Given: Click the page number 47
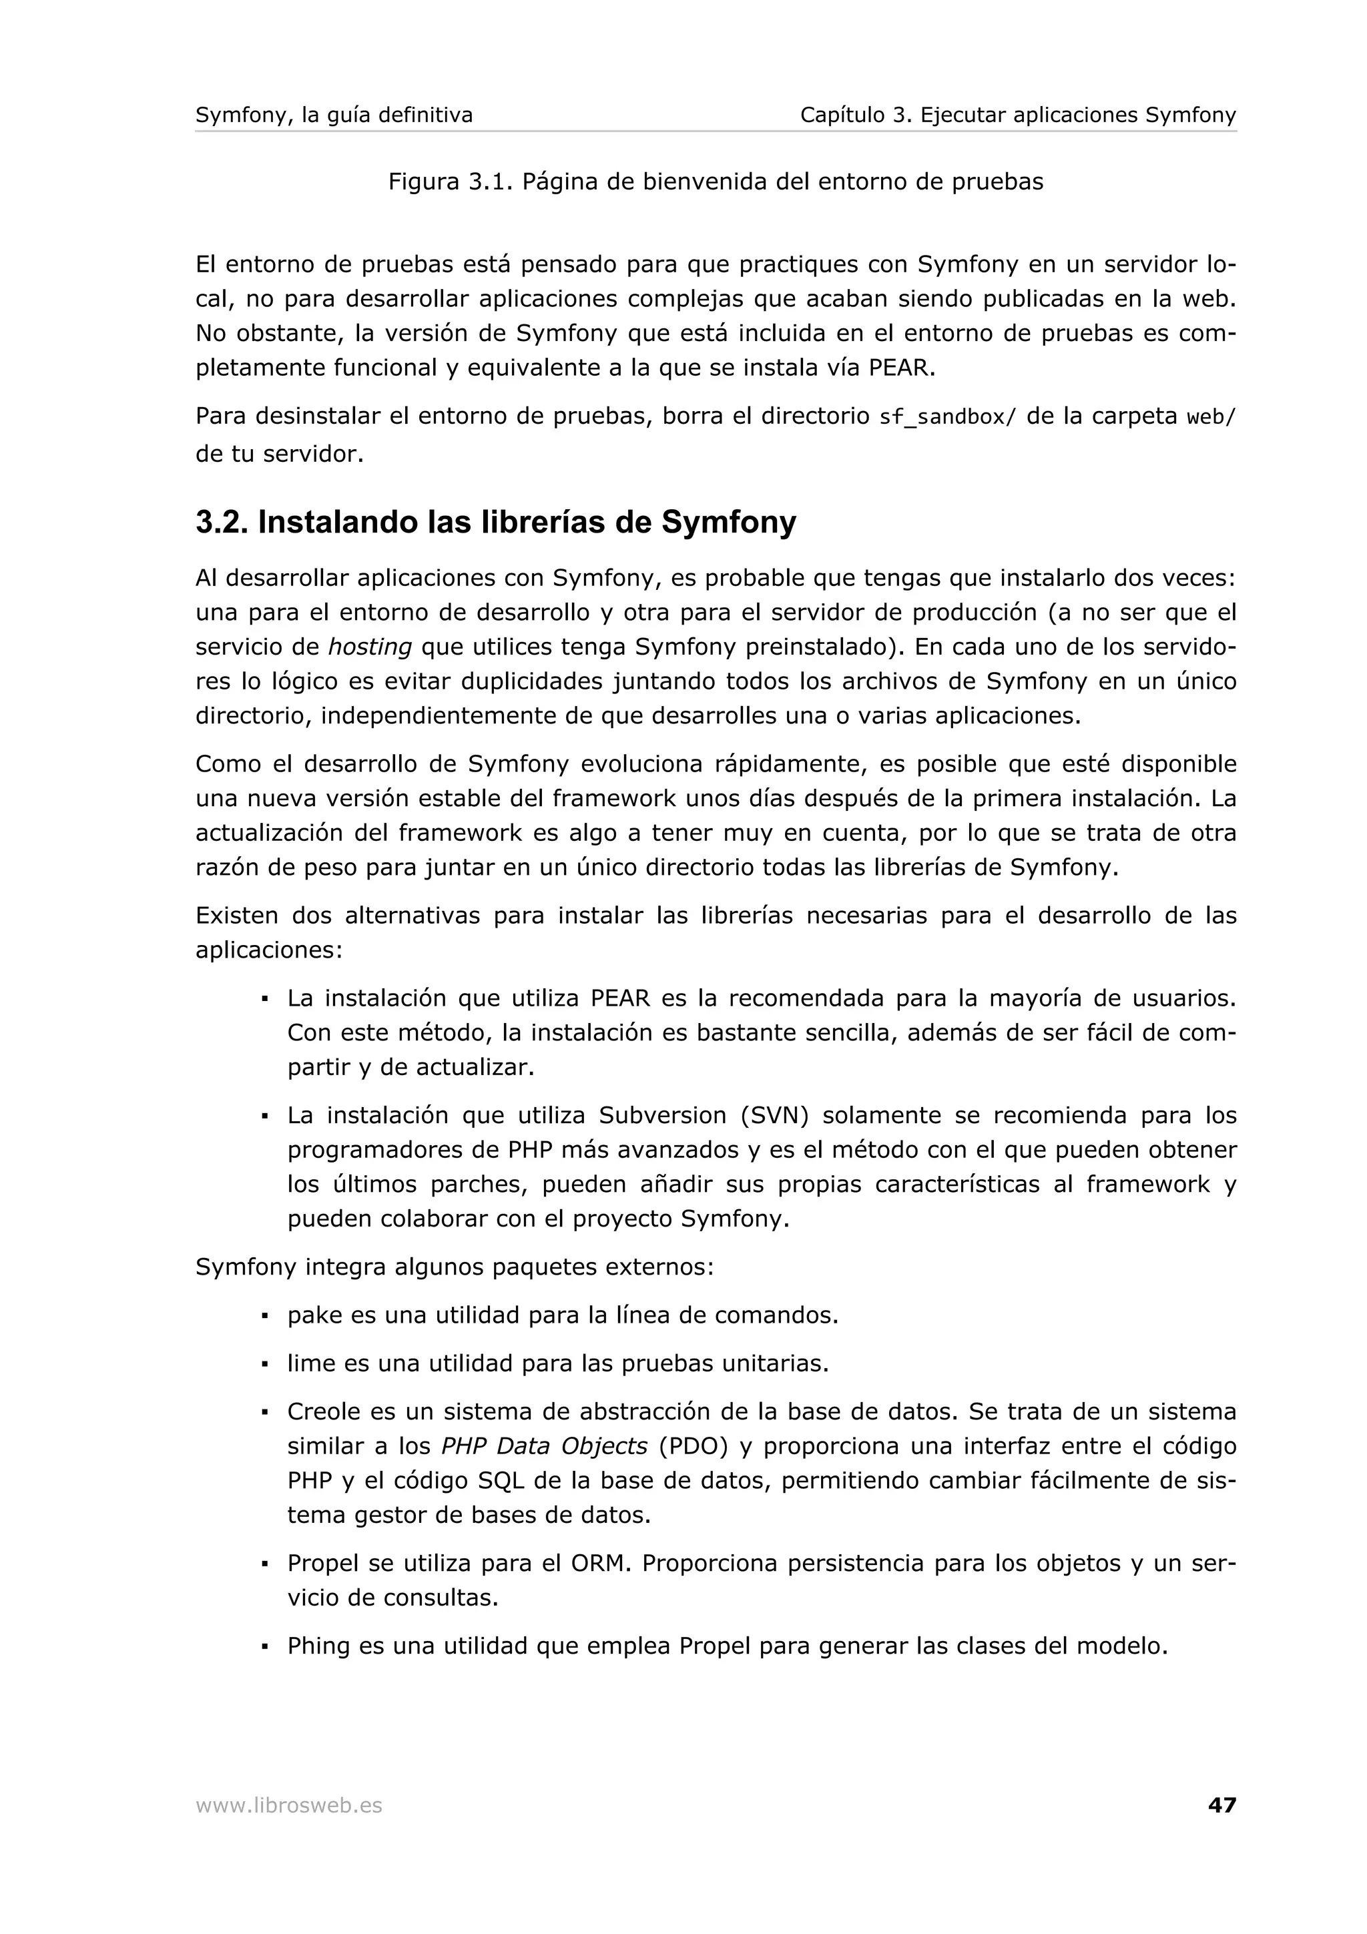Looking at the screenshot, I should [x=1221, y=1805].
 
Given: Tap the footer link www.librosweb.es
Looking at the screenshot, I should [x=288, y=1805].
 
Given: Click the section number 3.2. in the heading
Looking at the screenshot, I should [x=222, y=523].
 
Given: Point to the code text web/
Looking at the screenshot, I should [x=1210, y=418].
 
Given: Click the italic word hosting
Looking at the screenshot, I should [x=369, y=647].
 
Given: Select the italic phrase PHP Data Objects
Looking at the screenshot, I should [x=544, y=1446].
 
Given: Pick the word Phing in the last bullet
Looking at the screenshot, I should [x=318, y=1645].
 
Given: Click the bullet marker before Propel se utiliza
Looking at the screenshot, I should [x=264, y=1564].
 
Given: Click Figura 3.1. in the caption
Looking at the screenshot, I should [x=451, y=182].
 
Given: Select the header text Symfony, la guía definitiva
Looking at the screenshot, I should [x=334, y=115].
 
